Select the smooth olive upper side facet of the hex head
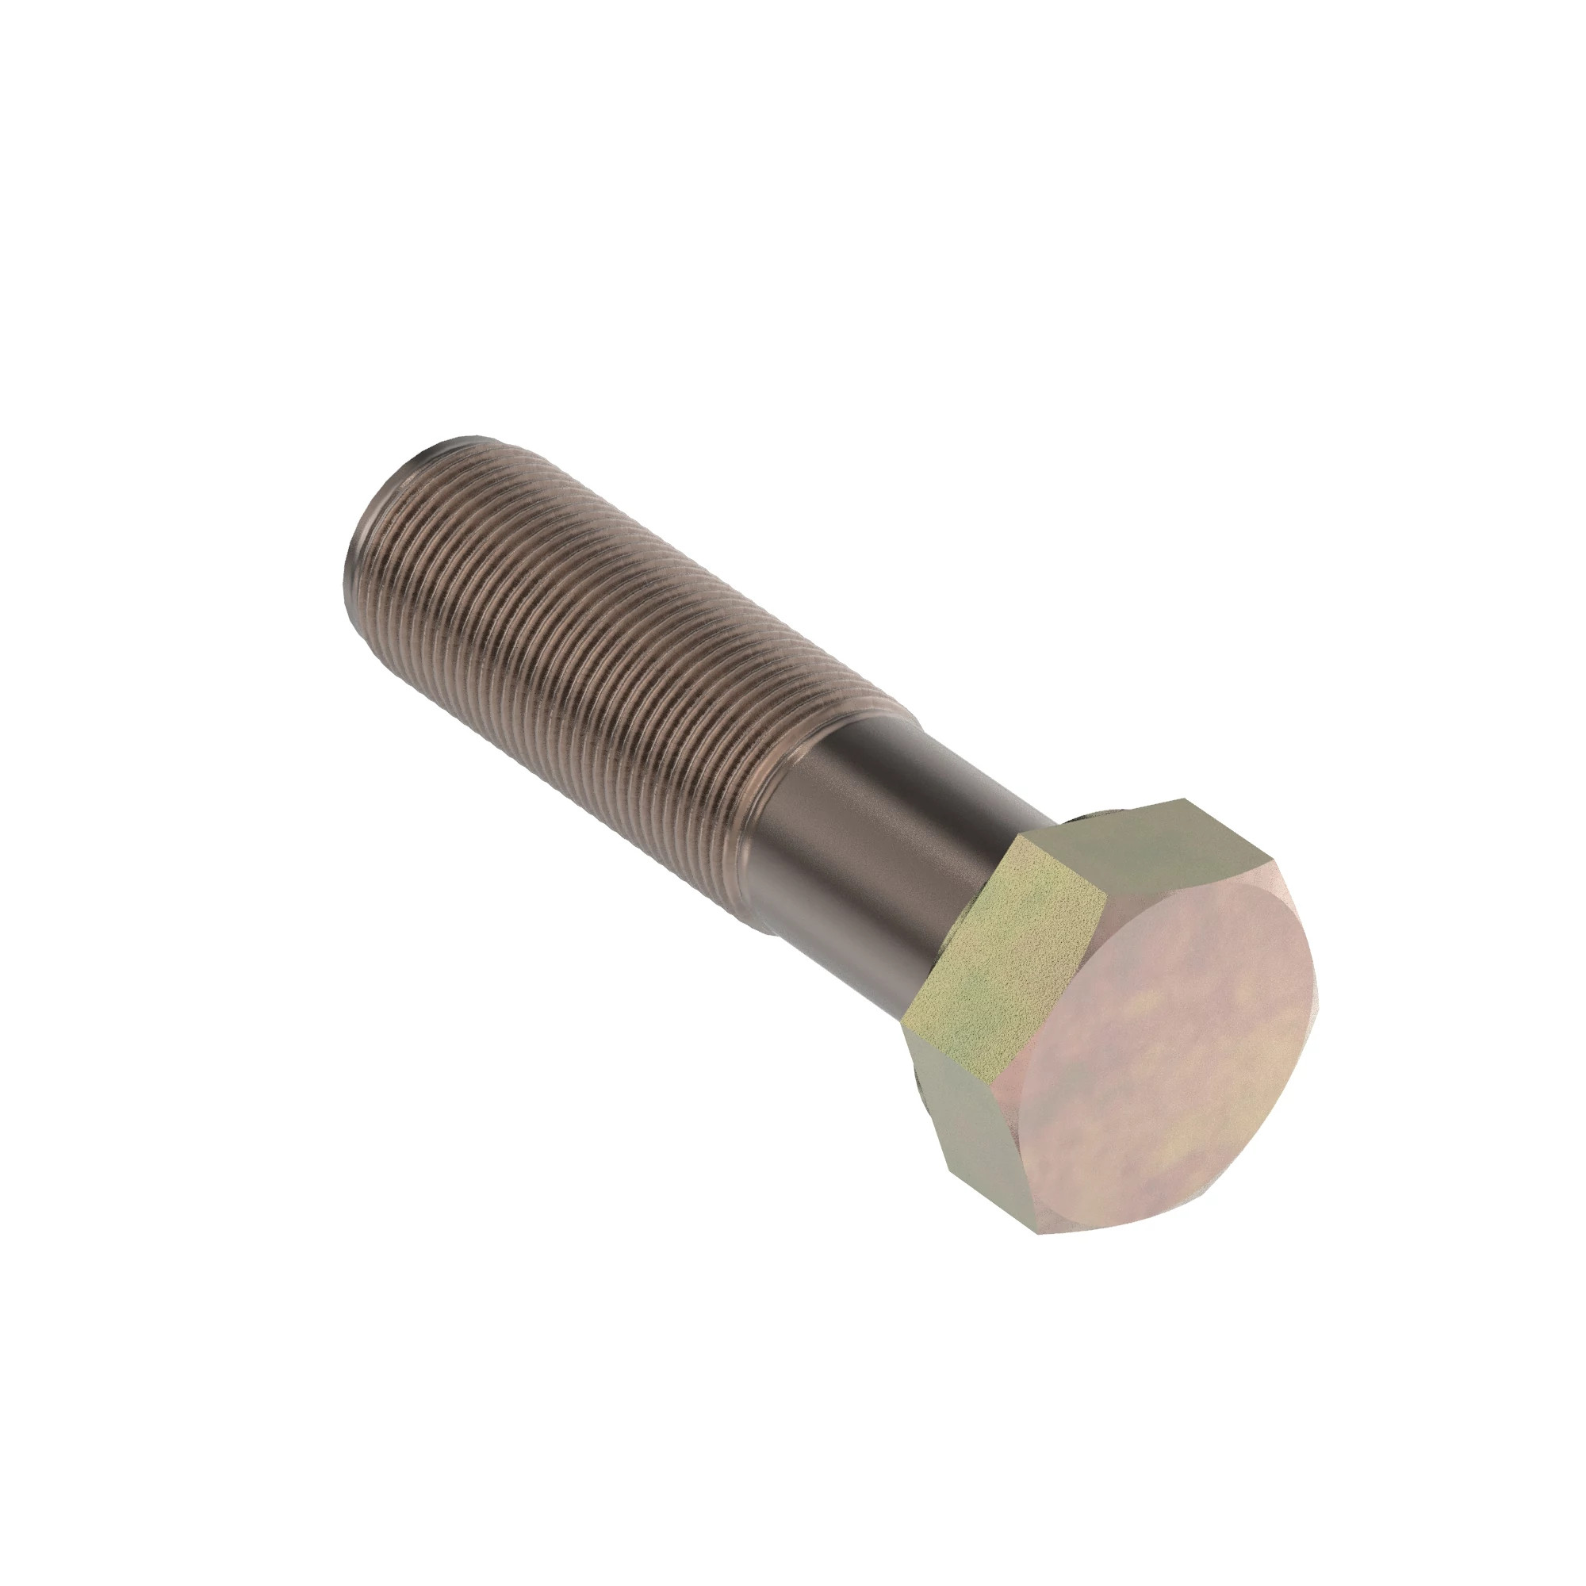1149,854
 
